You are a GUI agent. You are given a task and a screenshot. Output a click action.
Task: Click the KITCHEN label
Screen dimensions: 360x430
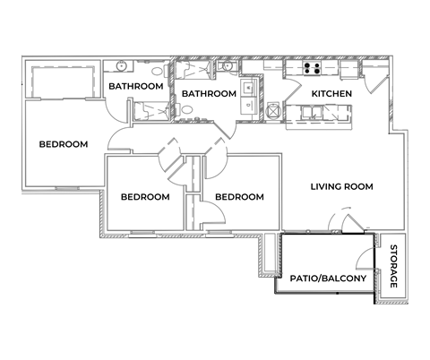pyautogui.click(x=331, y=94)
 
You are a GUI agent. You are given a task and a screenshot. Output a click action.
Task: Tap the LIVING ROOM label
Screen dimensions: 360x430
pyautogui.click(x=341, y=186)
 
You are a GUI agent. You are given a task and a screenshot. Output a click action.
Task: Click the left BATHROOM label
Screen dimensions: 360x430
pyautogui.click(x=135, y=86)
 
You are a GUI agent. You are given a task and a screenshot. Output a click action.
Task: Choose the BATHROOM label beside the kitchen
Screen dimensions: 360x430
pyautogui.click(x=209, y=94)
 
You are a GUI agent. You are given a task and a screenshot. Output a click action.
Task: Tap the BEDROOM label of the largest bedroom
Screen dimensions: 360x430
pyautogui.click(x=63, y=144)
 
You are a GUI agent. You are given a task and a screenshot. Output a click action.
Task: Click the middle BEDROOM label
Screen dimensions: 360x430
pyautogui.click(x=145, y=197)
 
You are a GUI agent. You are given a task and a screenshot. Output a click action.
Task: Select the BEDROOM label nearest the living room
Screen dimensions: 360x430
pyautogui.click(x=239, y=197)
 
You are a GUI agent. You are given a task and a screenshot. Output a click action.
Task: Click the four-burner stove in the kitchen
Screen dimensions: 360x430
pyautogui.click(x=313, y=69)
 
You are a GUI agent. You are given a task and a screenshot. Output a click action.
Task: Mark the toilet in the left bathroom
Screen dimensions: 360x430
pyautogui.click(x=158, y=73)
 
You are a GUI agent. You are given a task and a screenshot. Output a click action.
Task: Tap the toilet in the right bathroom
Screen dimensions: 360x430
pyautogui.click(x=188, y=111)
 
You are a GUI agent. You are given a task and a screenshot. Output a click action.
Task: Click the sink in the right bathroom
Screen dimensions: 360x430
pyautogui.click(x=228, y=67)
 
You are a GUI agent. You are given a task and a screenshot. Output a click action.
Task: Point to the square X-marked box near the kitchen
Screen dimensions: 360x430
pyautogui.click(x=273, y=112)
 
